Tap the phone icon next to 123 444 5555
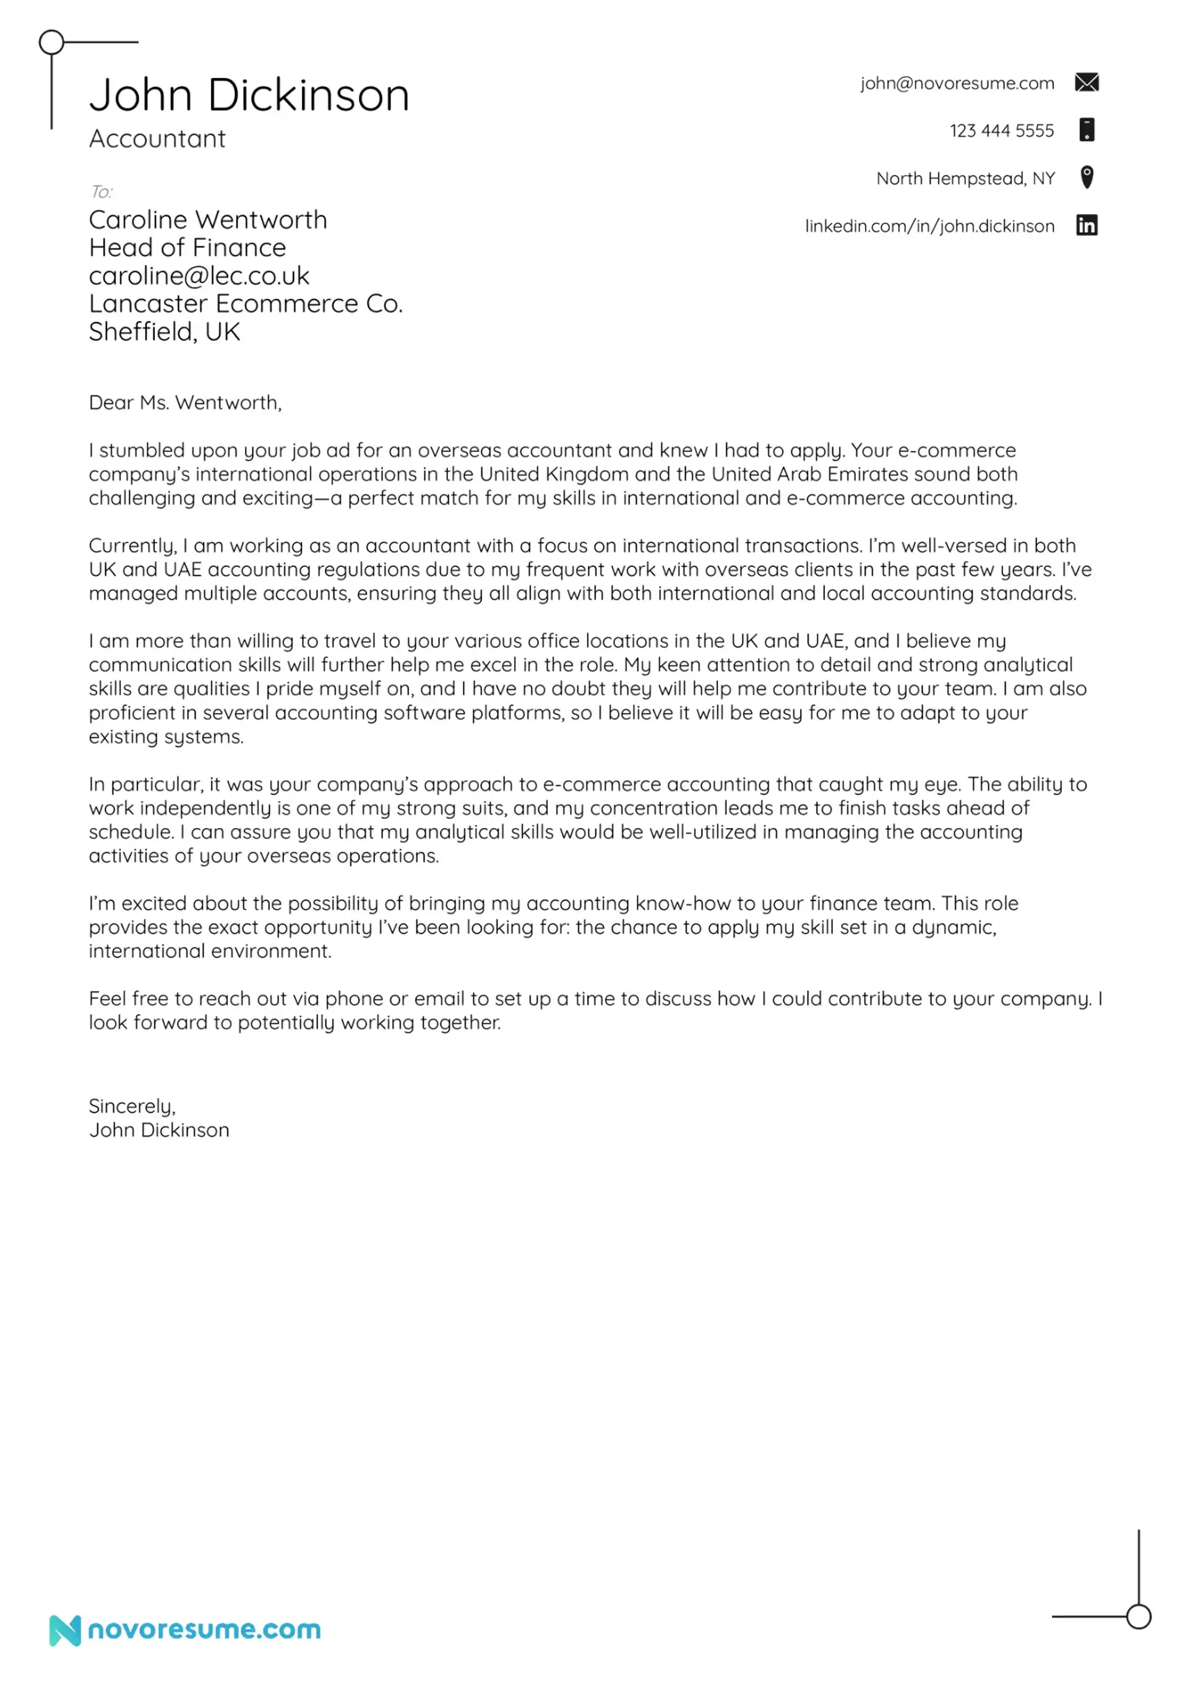coord(1087,129)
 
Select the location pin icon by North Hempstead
coord(1087,177)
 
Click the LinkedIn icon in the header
coord(1087,225)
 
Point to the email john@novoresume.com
coord(957,84)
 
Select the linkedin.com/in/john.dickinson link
coord(929,227)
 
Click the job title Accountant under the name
coord(157,139)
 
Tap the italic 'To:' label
coord(101,192)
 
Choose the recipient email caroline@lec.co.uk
coord(199,276)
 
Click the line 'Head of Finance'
coord(187,248)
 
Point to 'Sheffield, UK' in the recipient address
coord(165,332)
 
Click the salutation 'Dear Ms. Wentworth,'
coord(185,403)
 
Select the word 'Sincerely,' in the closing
coord(132,1105)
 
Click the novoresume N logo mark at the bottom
coord(64,1630)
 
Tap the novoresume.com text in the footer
coord(204,1630)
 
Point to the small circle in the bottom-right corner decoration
coord(1138,1616)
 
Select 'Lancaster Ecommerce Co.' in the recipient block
coord(246,304)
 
